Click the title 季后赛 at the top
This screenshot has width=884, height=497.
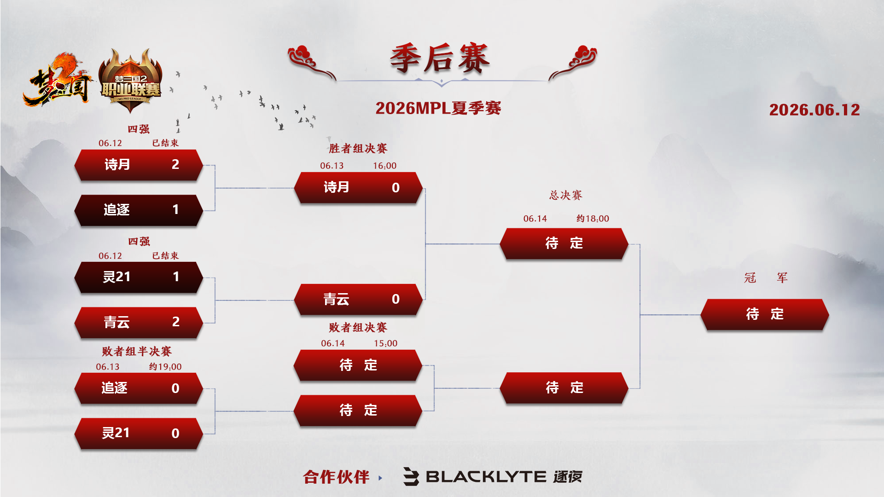440,58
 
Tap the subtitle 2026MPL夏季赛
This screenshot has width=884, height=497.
438,108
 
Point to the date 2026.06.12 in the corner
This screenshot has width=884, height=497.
814,110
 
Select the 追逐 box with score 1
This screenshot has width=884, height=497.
139,210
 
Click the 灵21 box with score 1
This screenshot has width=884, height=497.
139,277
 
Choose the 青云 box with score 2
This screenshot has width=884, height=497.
139,322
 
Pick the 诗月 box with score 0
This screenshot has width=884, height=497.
358,187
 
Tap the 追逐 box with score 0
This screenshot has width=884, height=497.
139,388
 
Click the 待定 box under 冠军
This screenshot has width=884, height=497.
765,314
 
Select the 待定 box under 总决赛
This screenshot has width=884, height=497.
564,243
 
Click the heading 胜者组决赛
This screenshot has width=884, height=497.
358,149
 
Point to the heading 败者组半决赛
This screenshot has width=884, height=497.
137,352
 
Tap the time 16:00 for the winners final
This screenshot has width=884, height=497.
384,166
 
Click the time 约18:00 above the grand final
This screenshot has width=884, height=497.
593,219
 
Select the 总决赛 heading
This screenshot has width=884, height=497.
565,195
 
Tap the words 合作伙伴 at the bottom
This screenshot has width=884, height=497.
336,477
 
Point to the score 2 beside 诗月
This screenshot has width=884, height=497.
175,164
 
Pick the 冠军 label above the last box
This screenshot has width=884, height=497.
766,278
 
